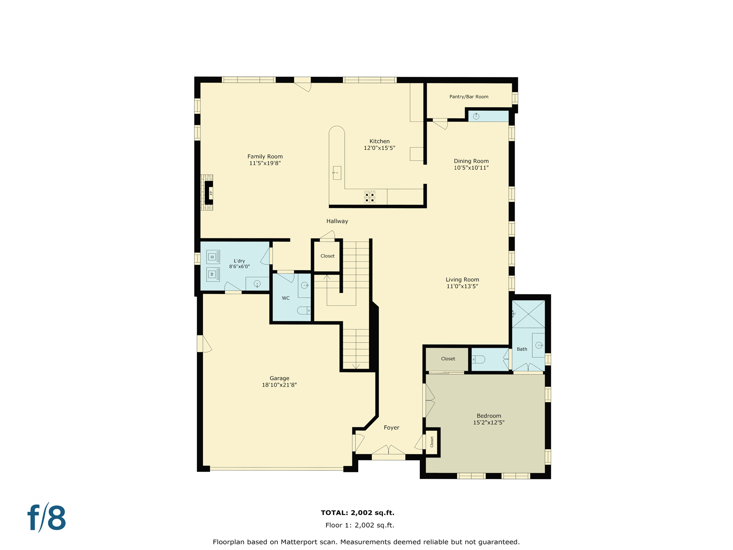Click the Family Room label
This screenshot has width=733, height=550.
coord(265,156)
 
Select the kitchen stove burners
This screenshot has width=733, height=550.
coord(369,197)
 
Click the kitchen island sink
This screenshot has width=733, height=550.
coord(337,173)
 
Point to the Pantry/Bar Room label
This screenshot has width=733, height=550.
coord(469,97)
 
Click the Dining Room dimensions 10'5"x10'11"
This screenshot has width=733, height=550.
coord(471,168)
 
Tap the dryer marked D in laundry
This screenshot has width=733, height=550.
coord(213,257)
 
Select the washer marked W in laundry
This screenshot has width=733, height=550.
coord(213,274)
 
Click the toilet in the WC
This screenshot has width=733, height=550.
coord(304,310)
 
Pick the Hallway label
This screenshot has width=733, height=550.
coord(337,221)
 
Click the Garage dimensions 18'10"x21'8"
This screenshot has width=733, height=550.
coord(279,385)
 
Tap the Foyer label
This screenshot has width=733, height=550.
coord(391,428)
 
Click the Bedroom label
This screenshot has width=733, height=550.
coord(489,416)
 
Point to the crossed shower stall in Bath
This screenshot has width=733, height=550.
coord(528,314)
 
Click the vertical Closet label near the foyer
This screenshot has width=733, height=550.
coord(432,442)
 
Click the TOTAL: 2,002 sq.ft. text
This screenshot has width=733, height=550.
coord(357,513)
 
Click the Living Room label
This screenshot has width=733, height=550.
coord(462,280)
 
